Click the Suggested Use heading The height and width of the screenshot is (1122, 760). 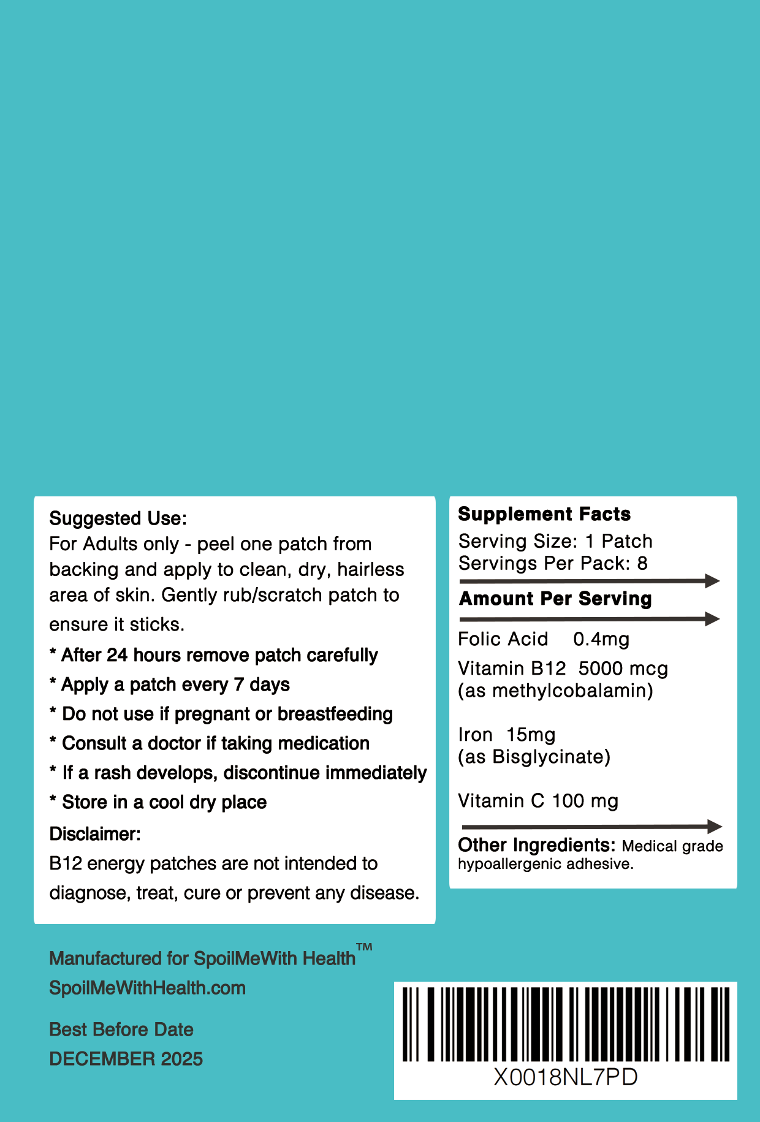pyautogui.click(x=118, y=518)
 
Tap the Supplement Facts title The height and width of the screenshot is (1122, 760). pyautogui.click(x=544, y=514)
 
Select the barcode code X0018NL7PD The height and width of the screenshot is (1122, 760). pyautogui.click(x=565, y=1077)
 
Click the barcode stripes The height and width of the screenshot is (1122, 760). pyautogui.click(x=565, y=1023)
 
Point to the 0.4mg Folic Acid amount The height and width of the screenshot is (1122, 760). pyautogui.click(x=601, y=640)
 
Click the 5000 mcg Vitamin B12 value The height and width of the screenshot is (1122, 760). pyautogui.click(x=623, y=669)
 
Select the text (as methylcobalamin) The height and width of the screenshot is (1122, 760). pyautogui.click(x=555, y=691)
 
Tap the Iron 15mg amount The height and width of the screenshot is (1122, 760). pyautogui.click(x=530, y=735)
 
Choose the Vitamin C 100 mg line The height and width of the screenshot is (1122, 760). pyautogui.click(x=538, y=801)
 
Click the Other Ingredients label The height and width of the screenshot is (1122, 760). pyautogui.click(x=536, y=846)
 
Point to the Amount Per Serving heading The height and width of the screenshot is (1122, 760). pyautogui.click(x=555, y=599)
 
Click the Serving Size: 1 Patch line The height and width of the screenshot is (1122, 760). pyautogui.click(x=555, y=542)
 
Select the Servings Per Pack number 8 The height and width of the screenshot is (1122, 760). pyautogui.click(x=642, y=564)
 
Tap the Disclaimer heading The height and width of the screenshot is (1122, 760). pyautogui.click(x=95, y=834)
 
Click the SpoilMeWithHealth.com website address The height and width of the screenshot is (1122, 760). pyautogui.click(x=147, y=988)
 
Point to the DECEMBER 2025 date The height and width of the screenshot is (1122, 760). pyautogui.click(x=126, y=1059)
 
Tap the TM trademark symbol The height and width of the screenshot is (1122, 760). pyautogui.click(x=364, y=947)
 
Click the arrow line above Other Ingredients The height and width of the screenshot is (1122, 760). pyautogui.click(x=591, y=827)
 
